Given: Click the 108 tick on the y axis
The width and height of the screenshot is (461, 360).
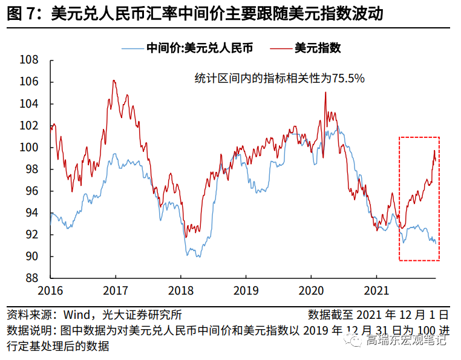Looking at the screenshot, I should coord(30,60).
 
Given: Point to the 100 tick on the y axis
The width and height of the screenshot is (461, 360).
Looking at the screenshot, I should coord(30,148).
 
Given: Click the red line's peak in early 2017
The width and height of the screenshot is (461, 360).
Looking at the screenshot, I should coord(114,80).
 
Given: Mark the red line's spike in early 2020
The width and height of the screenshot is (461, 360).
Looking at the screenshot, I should coord(325,92).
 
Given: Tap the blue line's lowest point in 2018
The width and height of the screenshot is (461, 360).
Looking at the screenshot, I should coord(187,257).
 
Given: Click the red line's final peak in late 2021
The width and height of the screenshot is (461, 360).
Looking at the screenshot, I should coord(434,151).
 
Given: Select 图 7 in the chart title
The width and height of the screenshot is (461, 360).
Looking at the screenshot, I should coord(21,13).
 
